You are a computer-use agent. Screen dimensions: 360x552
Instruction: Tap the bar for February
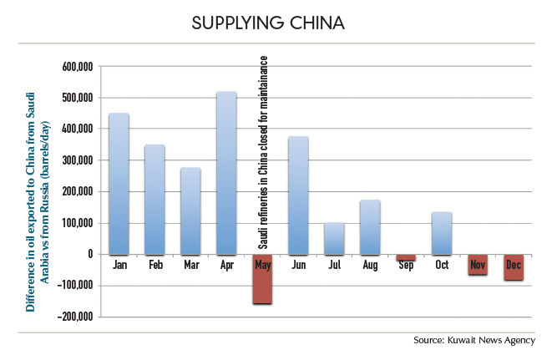click(x=154, y=200)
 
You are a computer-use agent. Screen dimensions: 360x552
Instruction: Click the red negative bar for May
click(x=262, y=279)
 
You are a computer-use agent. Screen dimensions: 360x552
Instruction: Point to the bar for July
click(x=334, y=238)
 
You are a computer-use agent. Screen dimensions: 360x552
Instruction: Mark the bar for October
click(x=442, y=233)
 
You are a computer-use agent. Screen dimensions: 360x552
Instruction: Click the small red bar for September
click(x=406, y=258)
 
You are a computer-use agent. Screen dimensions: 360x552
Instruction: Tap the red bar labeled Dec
click(x=514, y=267)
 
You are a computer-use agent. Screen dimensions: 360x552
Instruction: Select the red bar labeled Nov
click(x=478, y=265)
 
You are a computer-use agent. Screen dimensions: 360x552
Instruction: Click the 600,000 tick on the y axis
click(x=79, y=66)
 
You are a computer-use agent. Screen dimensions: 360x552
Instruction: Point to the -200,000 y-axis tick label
click(x=78, y=317)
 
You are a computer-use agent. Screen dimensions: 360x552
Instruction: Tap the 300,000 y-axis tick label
click(x=79, y=160)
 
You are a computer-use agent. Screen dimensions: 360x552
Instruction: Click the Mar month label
click(x=190, y=265)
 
